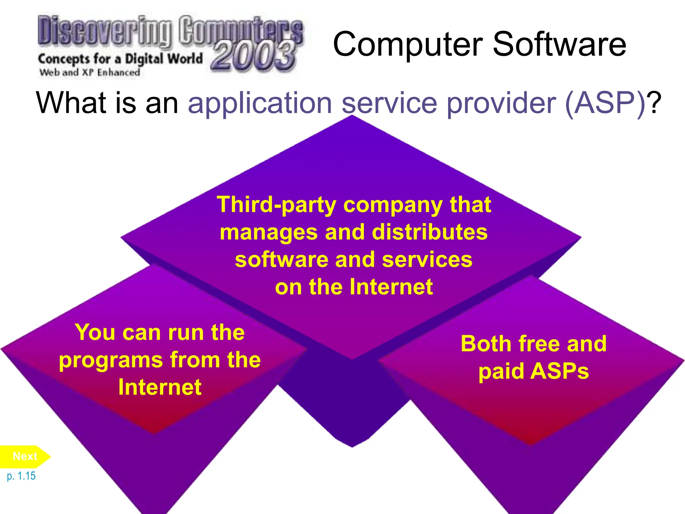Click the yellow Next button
tap(25, 456)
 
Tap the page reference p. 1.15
tap(21, 476)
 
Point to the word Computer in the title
tap(408, 45)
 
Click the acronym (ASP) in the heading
tap(605, 103)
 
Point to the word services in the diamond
tap(427, 260)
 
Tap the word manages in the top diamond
tap(269, 233)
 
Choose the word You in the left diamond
tap(95, 332)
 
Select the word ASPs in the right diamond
tap(559, 371)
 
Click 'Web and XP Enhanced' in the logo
tap(90, 73)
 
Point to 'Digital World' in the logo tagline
tap(164, 59)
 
